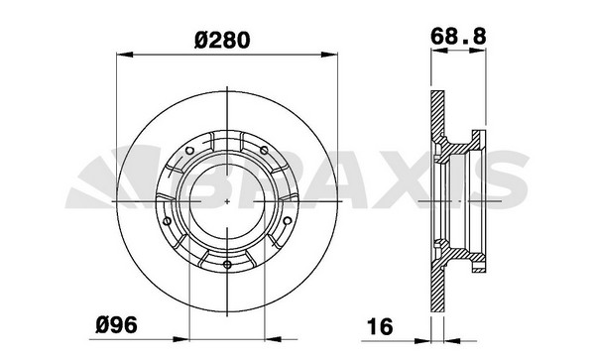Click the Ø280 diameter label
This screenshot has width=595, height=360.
pos(222,40)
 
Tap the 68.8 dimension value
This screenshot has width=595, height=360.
pos(458,37)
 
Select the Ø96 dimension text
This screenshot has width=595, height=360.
pos(116,324)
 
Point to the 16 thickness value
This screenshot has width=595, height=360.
pos(380,326)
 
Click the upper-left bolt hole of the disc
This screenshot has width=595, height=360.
pos(189,151)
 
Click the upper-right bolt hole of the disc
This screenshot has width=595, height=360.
pos(264,150)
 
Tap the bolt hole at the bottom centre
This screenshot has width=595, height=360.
pos(227,265)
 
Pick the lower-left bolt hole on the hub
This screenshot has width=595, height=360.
pos(167,221)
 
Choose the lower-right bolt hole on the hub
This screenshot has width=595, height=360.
pos(288,220)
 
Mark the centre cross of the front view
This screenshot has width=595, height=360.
pos(227,201)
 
